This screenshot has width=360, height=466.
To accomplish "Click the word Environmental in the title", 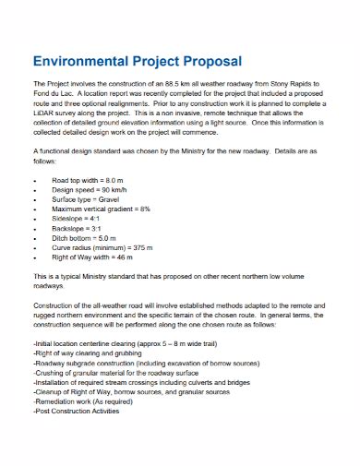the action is (x=78, y=62).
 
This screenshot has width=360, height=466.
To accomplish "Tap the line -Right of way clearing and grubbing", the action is (x=90, y=352).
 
